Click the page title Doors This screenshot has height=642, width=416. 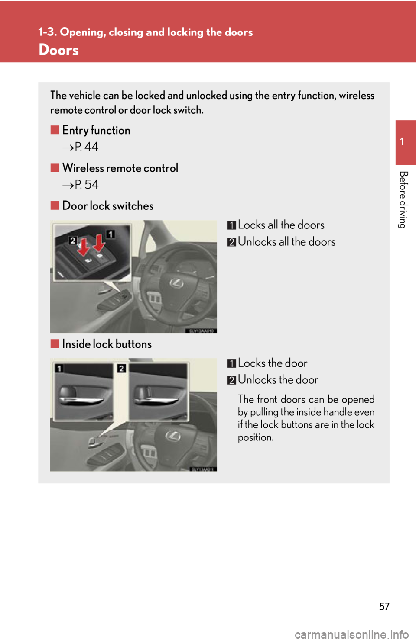coord(58,50)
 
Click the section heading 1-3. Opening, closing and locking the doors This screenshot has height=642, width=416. coord(145,32)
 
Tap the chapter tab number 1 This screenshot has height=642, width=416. coord(402,142)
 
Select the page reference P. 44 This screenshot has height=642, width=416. coord(86,147)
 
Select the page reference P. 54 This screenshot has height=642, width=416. coord(86,185)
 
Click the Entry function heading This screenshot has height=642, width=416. coord(96,130)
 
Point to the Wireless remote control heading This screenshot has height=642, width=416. coord(120,168)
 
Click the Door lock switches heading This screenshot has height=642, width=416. coord(107,205)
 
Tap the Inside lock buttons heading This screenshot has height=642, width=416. coord(107,344)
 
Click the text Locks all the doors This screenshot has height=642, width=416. coord(281,225)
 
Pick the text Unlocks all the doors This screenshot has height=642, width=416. coord(286,242)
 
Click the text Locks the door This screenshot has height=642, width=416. coord(272,363)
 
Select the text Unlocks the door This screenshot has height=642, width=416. coord(278,380)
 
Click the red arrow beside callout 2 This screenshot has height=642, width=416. coord(83,248)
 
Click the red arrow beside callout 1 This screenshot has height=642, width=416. coord(99,243)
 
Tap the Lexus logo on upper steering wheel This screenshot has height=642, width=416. coord(176,283)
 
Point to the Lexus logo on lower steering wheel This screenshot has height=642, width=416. coord(173,436)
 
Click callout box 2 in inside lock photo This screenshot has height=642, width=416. coord(121,368)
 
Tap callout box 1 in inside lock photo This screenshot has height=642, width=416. coord(59,368)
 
